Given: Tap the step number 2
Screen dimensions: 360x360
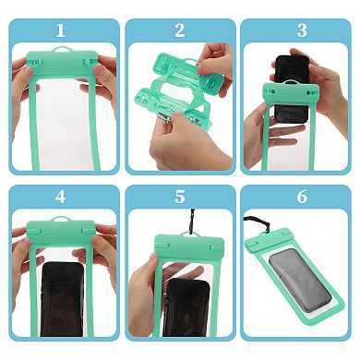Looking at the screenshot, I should pos(179,30).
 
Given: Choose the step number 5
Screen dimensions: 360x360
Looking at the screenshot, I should pos(179,197).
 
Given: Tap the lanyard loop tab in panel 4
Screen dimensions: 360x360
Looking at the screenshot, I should pos(61,222).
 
